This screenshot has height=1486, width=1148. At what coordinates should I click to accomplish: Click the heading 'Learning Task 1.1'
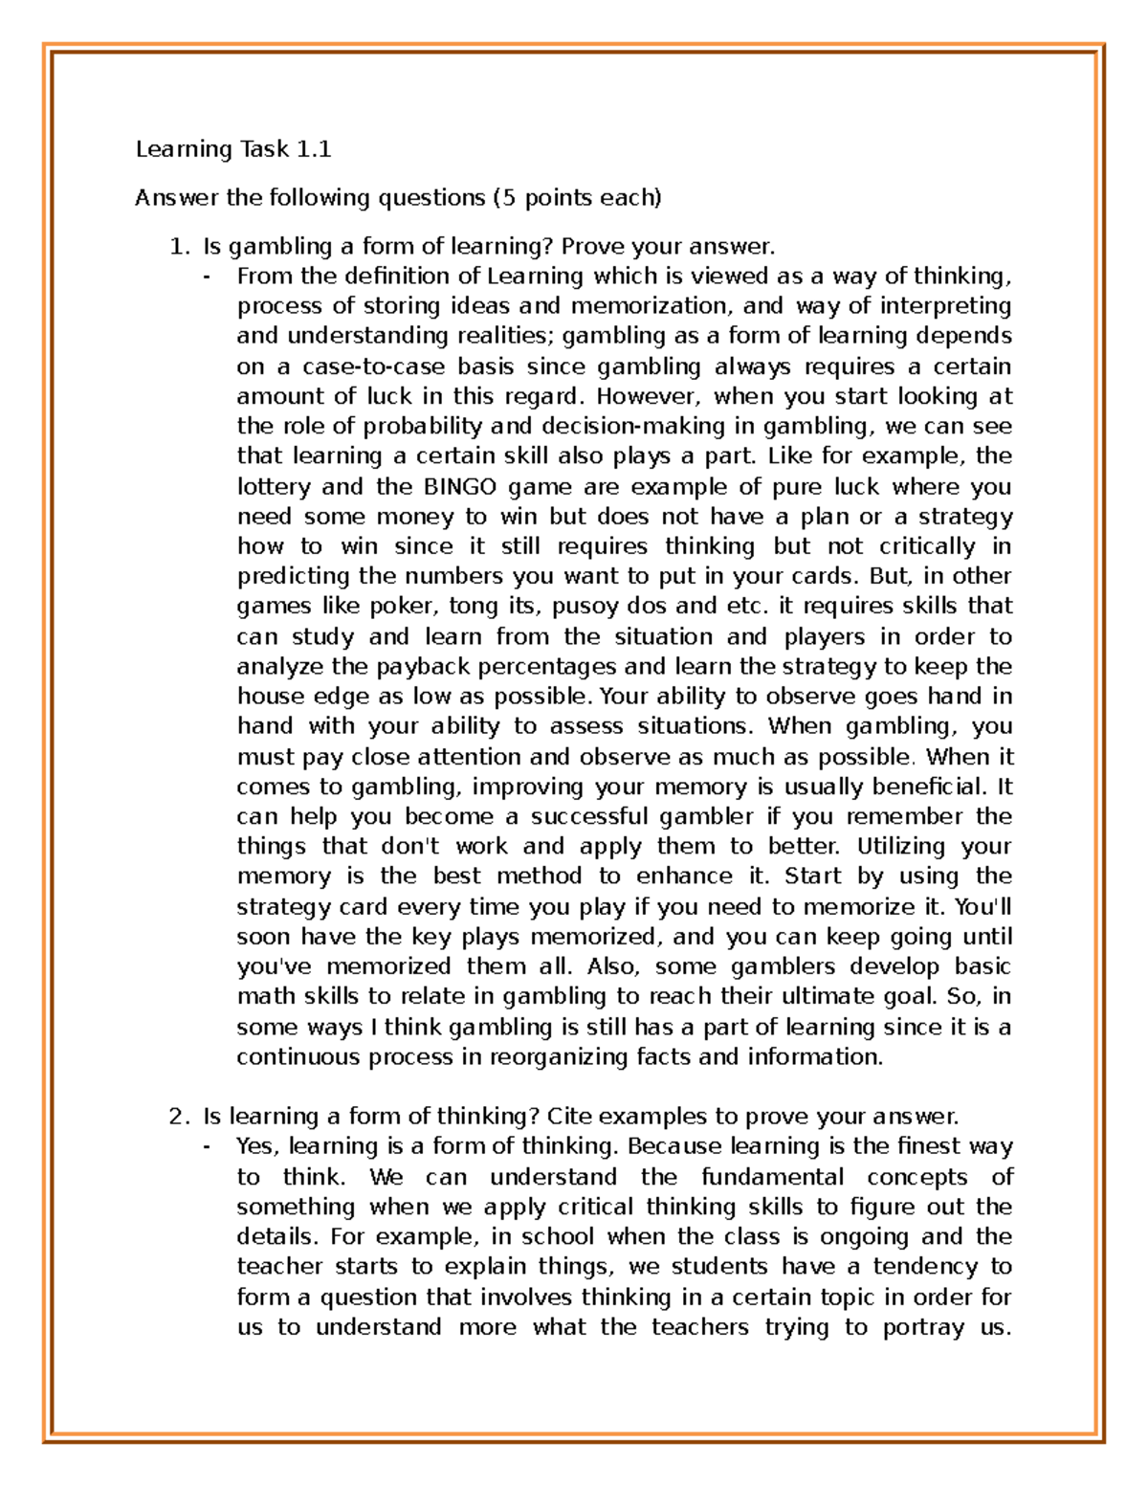click(x=232, y=149)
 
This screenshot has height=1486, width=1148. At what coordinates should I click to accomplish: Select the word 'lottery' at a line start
click(x=274, y=486)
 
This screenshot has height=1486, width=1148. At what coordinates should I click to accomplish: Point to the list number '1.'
click(x=180, y=247)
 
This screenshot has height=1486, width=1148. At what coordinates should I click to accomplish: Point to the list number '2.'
click(x=180, y=1117)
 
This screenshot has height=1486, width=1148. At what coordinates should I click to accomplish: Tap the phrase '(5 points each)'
click(x=577, y=198)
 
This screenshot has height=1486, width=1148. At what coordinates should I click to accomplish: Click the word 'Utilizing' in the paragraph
click(x=901, y=846)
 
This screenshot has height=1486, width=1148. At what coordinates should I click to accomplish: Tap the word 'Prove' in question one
click(x=592, y=247)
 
